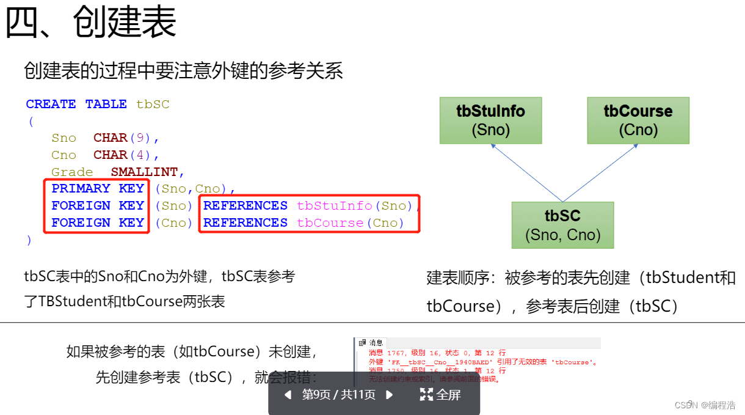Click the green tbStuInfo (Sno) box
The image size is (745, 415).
coord(490,120)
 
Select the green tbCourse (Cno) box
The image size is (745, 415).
coord(638,120)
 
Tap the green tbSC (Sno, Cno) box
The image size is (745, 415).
coord(562,225)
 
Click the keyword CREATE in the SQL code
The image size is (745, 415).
coord(51,105)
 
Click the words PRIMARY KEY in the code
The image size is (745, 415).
coord(98,189)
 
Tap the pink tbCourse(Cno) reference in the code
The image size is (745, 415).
coord(351,223)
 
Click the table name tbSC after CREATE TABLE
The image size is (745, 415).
coord(153,105)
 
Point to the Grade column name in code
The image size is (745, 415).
coord(72,172)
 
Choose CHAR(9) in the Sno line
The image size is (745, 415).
coord(126,138)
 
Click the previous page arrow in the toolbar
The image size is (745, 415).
coord(288,395)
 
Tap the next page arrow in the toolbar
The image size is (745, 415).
coord(390,395)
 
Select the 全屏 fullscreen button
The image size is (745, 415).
coord(440,395)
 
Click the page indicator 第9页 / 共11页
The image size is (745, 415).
coord(339,395)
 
